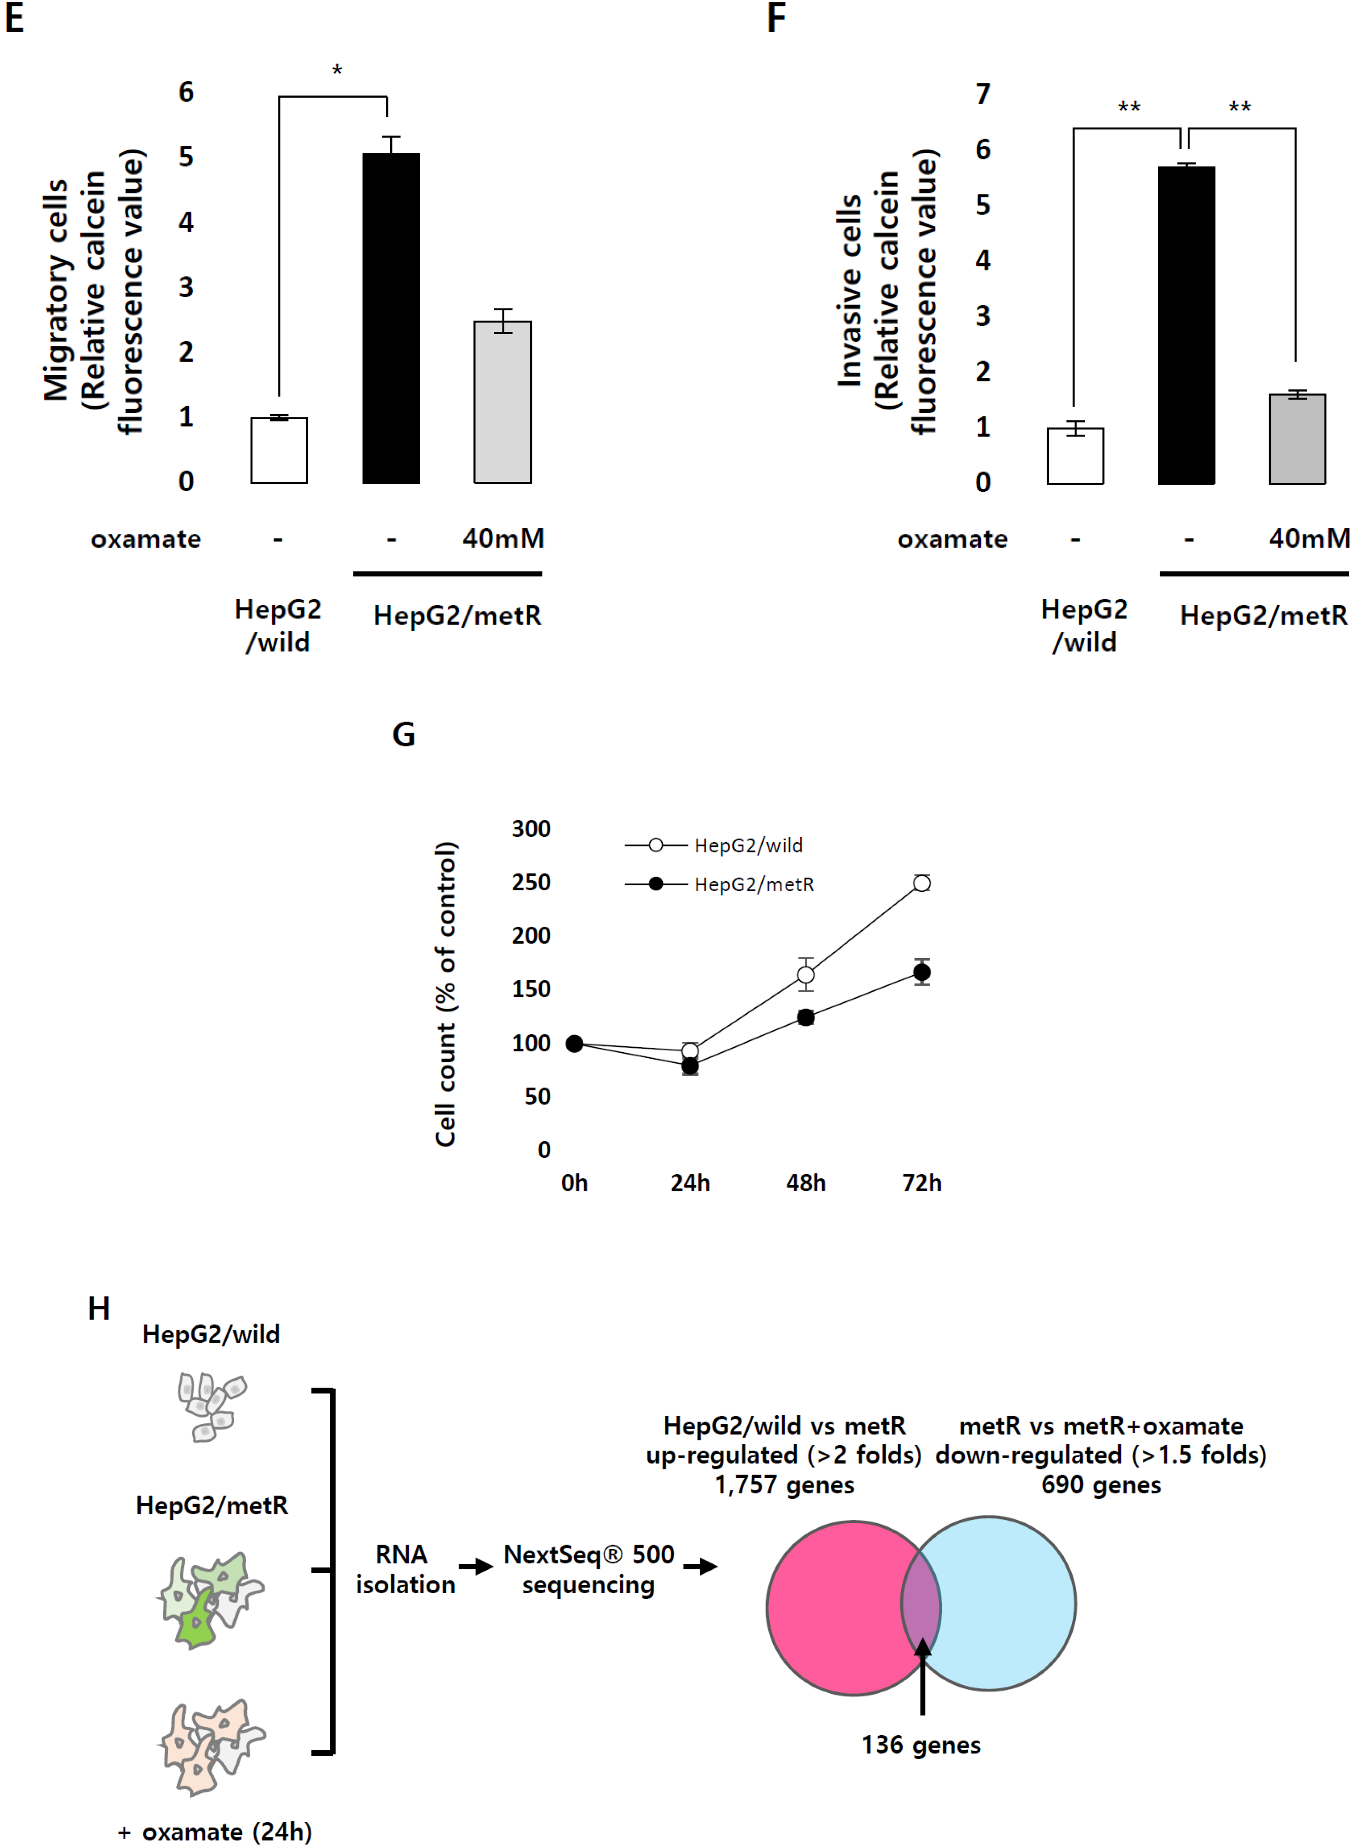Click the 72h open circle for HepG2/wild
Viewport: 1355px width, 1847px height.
pos(921,883)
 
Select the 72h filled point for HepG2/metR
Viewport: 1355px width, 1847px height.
pos(921,973)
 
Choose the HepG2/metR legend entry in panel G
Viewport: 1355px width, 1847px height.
pos(753,884)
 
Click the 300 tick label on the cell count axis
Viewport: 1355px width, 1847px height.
pos(531,828)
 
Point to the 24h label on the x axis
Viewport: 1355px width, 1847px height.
pos(690,1183)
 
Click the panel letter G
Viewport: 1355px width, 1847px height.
pos(403,734)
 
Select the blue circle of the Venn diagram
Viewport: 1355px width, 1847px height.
pos(1009,1604)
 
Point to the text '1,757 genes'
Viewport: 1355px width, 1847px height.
pos(784,1484)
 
